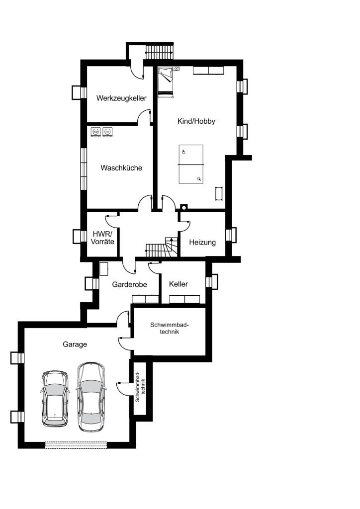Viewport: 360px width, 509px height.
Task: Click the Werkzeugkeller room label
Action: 121,98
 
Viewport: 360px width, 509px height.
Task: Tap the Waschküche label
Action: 121,168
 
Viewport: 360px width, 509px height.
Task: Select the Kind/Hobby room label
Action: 196,121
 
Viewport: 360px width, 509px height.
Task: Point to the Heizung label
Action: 202,242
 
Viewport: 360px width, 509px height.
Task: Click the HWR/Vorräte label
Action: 102,238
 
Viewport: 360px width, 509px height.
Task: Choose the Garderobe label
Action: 129,284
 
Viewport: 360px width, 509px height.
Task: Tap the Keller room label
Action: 179,284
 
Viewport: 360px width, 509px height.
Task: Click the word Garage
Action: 75,344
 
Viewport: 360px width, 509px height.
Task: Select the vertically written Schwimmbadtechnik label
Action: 140,387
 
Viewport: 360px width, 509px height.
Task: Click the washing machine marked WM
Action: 95,132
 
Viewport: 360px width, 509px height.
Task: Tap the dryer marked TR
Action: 107,132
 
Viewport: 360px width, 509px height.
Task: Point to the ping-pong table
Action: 191,164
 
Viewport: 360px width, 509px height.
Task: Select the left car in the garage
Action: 55,399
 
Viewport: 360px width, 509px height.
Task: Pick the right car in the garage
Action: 91,397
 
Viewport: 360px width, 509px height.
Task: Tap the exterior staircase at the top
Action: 159,52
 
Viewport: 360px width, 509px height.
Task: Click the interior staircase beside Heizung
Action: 162,247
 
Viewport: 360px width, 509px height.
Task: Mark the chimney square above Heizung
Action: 184,207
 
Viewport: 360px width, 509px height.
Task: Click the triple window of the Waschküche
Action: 84,169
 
